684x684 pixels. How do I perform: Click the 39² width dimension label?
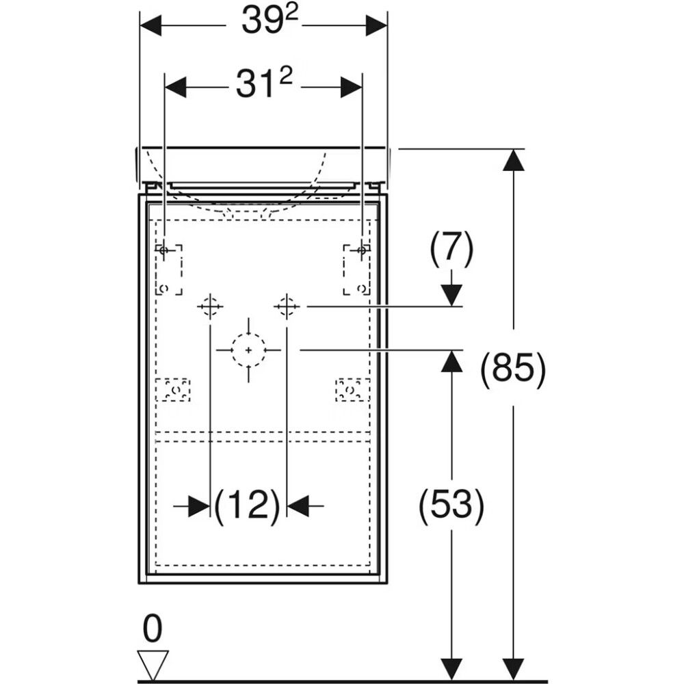tap(263, 21)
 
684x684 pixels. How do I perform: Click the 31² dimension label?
tap(264, 83)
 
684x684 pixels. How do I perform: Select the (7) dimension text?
tap(451, 249)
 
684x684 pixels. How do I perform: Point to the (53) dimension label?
tap(451, 506)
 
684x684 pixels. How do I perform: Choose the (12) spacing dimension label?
tap(248, 506)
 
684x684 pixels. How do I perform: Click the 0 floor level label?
tap(153, 629)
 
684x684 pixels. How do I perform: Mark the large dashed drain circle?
tap(249, 350)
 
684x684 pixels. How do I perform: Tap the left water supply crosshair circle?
tap(210, 306)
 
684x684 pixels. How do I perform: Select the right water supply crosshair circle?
tap(287, 306)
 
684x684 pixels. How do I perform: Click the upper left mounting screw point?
tap(163, 250)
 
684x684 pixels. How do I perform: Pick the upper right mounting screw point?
tap(361, 250)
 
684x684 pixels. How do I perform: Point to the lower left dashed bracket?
tap(173, 390)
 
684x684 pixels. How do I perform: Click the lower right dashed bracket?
tap(352, 390)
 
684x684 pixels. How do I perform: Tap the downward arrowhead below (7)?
tap(451, 295)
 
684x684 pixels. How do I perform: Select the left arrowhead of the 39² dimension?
tap(150, 25)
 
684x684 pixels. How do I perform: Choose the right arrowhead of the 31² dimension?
tap(351, 88)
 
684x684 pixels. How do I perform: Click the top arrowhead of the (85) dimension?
tap(514, 160)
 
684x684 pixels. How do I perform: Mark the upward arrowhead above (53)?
tap(451, 360)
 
